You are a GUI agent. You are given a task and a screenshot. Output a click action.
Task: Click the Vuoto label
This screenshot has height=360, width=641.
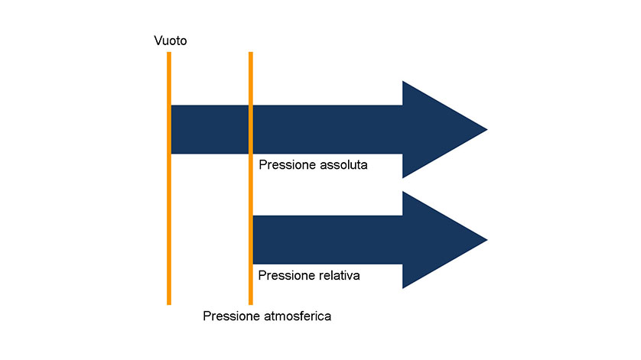tap(170, 41)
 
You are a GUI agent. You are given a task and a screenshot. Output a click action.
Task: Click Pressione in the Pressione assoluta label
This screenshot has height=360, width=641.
tap(288, 164)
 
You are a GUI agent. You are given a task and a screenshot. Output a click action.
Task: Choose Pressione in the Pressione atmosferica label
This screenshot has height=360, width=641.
tap(231, 316)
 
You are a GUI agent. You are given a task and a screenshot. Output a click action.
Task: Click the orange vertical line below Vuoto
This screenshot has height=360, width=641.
tap(169, 178)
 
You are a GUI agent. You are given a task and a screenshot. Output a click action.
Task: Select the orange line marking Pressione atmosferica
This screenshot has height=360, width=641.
tap(251, 178)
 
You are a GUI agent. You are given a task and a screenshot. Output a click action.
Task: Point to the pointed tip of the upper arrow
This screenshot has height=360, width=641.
tap(487, 129)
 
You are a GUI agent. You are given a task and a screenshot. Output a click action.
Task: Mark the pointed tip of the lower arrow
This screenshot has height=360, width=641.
tap(487, 240)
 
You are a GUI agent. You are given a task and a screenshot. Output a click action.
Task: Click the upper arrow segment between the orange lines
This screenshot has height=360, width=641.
tap(210, 129)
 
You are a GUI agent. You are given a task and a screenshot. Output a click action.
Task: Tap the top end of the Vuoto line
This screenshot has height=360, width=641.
tap(169, 52)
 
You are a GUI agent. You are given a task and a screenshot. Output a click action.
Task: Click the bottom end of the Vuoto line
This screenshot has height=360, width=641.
tap(169, 304)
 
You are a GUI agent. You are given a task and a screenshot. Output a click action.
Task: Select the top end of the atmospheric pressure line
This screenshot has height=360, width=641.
tap(251, 52)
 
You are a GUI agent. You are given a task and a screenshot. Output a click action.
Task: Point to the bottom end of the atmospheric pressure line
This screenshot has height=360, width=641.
tap(251, 304)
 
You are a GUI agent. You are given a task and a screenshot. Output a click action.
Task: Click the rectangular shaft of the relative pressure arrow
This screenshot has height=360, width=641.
tap(328, 240)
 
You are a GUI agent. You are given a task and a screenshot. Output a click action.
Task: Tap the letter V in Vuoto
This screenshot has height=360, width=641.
tap(158, 41)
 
